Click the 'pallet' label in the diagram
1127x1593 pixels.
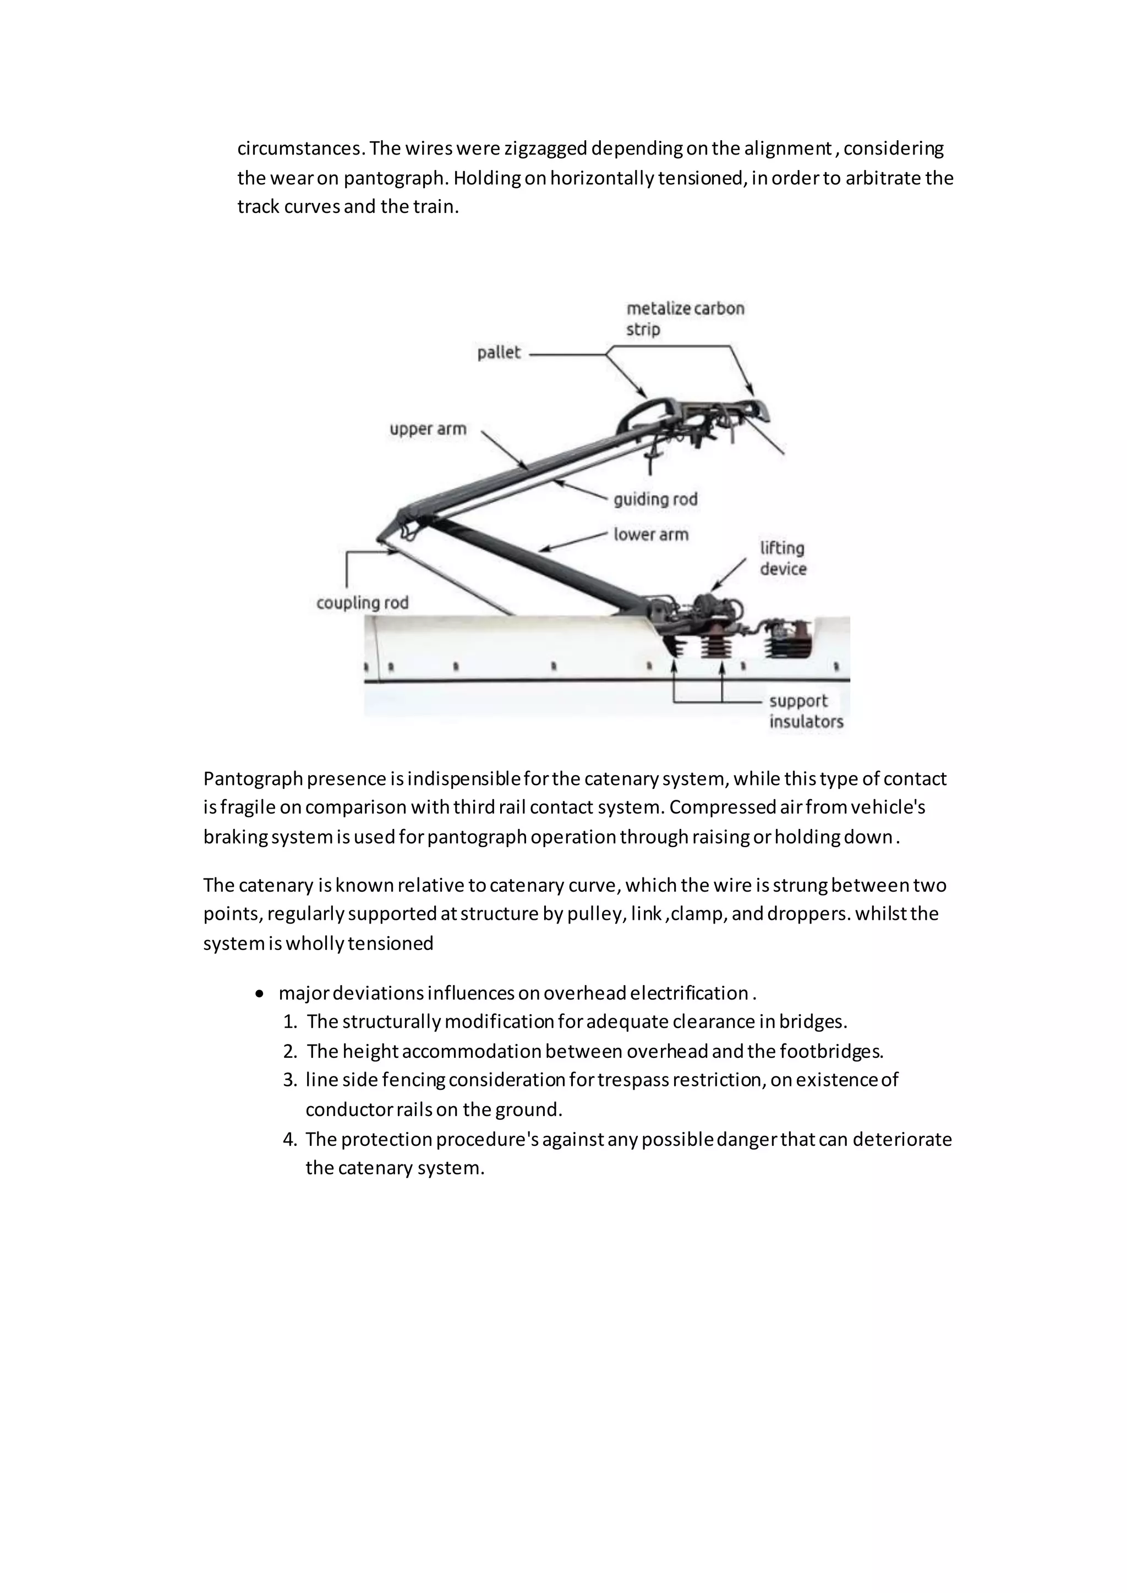498,353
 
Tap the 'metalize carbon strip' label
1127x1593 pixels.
685,318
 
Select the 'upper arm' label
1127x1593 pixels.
428,429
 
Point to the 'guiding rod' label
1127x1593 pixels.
655,499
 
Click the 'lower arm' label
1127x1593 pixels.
650,534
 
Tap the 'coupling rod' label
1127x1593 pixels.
362,602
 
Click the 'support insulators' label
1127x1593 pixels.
806,711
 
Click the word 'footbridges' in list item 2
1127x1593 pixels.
830,1051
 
